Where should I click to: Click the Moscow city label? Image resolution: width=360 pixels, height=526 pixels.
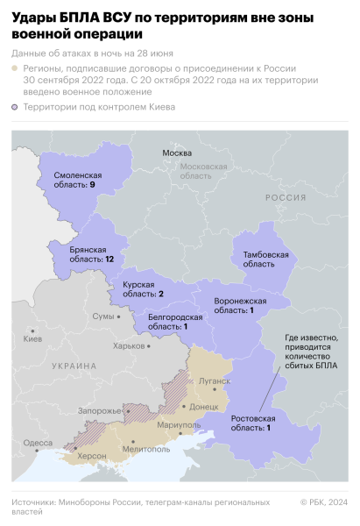pos(177,153)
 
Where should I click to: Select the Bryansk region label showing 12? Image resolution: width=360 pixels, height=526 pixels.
pos(92,255)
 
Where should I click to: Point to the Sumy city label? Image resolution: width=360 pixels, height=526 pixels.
pos(103,315)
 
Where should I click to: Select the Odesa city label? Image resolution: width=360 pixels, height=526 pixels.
pos(38,443)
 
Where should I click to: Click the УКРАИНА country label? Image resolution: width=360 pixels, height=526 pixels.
pos(73,366)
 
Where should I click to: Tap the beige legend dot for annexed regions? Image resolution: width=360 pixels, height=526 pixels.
pos(17,67)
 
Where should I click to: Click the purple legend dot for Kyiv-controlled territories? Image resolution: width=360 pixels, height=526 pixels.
pos(17,107)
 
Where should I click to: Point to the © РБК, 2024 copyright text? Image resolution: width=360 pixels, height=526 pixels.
pos(323,502)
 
